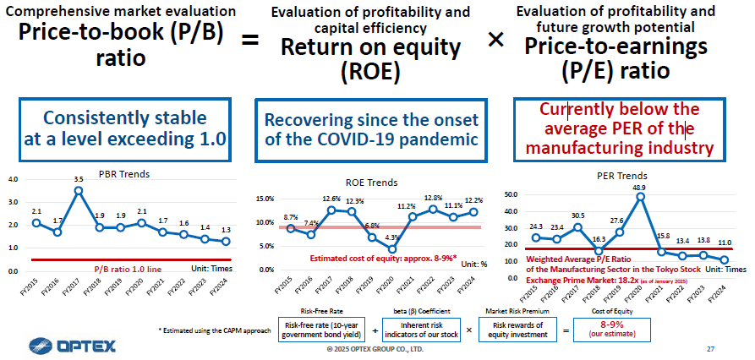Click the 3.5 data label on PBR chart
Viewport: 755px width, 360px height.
pos(78,179)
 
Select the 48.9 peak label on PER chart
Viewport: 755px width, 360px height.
pos(639,187)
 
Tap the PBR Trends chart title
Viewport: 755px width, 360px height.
pos(124,174)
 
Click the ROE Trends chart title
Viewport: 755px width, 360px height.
pos(371,182)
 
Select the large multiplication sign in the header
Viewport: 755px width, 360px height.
pos(496,40)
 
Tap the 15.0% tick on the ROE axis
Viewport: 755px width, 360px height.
pos(265,199)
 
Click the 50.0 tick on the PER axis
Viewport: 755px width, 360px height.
pos(510,194)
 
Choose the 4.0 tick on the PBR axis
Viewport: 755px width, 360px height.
pos(13,179)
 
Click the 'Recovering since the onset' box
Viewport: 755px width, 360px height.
pos(371,129)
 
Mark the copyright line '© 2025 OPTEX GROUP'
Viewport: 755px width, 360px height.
pos(375,348)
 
